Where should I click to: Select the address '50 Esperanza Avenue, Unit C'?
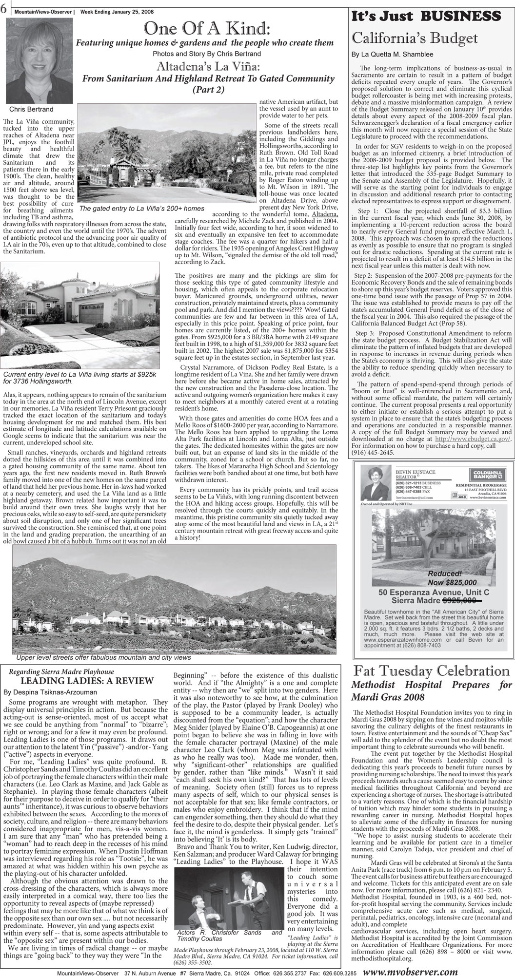(434, 592)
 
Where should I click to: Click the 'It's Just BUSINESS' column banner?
(429, 16)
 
